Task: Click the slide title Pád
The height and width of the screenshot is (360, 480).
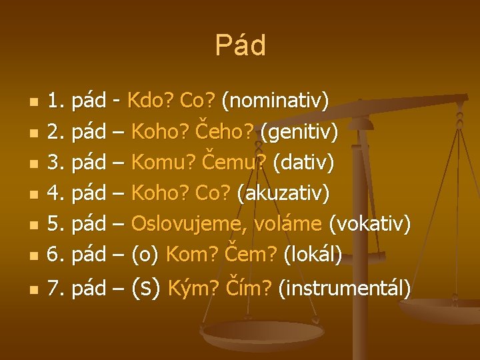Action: (x=240, y=46)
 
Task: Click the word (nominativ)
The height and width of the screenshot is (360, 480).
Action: (x=275, y=101)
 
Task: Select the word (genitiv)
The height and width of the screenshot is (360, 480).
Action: (x=299, y=132)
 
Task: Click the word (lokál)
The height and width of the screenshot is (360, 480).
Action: (x=313, y=255)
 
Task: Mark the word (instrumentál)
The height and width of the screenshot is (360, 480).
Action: (x=344, y=289)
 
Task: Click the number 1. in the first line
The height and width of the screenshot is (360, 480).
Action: (x=55, y=101)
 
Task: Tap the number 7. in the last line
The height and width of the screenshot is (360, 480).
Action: (x=55, y=289)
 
